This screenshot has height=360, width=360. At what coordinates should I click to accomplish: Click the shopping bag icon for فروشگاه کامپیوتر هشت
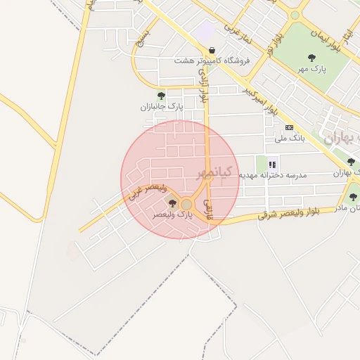tap(212, 50)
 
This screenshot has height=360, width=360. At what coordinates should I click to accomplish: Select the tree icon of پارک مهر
tap(311, 57)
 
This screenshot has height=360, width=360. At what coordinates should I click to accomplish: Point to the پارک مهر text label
tap(311, 69)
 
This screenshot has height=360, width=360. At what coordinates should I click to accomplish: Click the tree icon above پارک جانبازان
tap(161, 96)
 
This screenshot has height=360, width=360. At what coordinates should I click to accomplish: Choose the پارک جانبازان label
tap(161, 107)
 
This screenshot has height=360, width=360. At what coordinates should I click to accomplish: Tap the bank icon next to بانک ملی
tap(289, 127)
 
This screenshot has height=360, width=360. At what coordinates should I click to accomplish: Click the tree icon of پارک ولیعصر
tap(172, 203)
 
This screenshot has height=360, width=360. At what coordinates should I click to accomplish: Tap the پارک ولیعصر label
tap(176, 213)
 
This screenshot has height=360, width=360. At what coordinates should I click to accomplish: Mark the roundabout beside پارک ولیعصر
tap(186, 204)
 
